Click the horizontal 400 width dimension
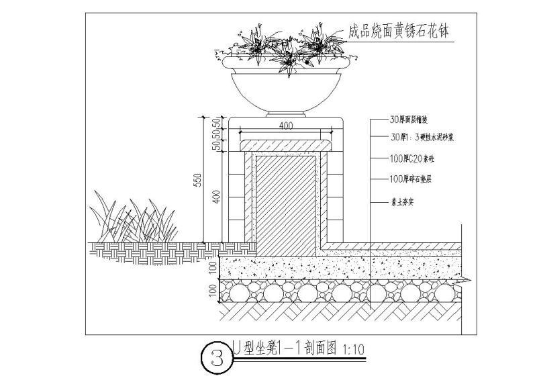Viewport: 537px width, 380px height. click(287, 126)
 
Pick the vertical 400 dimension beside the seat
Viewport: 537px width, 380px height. click(217, 197)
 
